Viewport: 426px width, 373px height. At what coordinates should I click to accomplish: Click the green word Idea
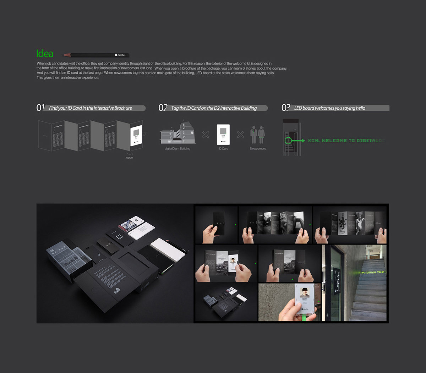[x=45, y=54]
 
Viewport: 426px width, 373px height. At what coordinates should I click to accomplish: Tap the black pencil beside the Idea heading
[x=96, y=55]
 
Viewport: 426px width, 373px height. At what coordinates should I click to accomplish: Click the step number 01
[x=40, y=108]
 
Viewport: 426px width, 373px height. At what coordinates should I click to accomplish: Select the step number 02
[x=163, y=108]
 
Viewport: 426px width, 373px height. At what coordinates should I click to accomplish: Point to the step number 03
[x=286, y=108]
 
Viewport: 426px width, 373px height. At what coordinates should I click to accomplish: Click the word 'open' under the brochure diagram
[x=130, y=158]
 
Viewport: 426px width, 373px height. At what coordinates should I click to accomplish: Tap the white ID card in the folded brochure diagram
[x=136, y=135]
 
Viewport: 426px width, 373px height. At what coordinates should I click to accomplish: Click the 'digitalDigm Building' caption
[x=177, y=149]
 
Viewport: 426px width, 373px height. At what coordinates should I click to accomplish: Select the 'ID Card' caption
[x=223, y=149]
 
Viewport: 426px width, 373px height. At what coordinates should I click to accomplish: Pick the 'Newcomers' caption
[x=258, y=149]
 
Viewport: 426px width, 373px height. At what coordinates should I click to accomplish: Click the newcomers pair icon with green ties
[x=258, y=135]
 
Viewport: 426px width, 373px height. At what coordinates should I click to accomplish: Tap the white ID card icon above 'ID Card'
[x=223, y=135]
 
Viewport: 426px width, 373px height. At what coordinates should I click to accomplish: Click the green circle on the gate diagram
[x=288, y=141]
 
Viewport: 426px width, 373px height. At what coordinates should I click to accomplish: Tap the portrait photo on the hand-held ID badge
[x=305, y=292]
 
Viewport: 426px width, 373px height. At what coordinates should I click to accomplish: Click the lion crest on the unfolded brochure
[x=342, y=224]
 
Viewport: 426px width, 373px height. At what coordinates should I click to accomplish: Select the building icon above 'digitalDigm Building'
[x=177, y=134]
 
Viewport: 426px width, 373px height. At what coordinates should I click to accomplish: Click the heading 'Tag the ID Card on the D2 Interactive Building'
[x=214, y=108]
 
